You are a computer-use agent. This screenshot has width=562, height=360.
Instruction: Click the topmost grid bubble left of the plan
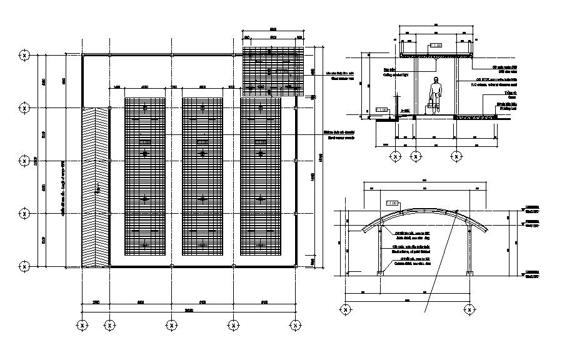24,55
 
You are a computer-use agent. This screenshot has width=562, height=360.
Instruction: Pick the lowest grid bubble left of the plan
24,267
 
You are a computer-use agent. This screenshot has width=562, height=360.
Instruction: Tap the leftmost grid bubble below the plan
82,325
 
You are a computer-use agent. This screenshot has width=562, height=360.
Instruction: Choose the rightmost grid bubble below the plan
294,325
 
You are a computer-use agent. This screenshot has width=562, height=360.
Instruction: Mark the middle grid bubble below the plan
171,325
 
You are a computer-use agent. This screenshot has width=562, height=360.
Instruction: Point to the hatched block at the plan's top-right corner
273,62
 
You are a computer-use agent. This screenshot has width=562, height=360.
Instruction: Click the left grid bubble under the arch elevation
344,309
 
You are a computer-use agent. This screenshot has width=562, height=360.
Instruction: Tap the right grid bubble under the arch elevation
468,309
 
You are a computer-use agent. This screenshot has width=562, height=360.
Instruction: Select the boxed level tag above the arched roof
393,203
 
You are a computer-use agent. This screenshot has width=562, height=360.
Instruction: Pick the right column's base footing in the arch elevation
468,273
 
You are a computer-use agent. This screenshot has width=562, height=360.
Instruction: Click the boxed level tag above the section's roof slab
436,46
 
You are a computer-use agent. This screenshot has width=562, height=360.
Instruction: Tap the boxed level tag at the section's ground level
381,110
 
